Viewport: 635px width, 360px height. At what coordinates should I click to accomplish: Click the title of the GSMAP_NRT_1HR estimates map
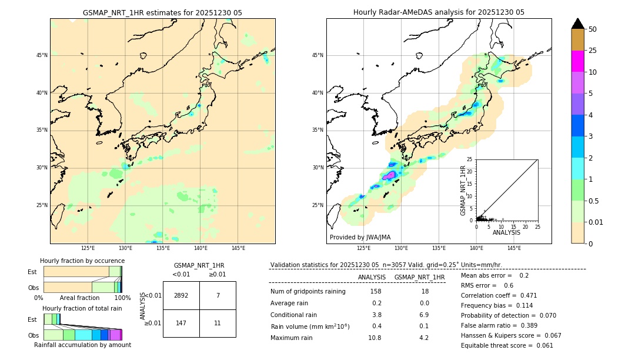point(162,12)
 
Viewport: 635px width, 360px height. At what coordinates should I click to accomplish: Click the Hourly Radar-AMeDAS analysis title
point(439,12)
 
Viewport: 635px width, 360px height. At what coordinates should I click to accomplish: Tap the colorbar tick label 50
point(593,29)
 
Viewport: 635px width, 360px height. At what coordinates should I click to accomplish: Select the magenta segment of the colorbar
point(577,61)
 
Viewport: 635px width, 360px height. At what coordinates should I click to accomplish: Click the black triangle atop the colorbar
point(577,24)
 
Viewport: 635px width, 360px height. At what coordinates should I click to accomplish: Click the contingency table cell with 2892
point(181,295)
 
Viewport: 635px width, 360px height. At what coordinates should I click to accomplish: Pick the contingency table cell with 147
point(181,323)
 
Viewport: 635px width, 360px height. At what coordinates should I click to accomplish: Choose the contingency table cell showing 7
point(218,295)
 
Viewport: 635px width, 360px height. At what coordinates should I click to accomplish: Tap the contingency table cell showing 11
point(218,323)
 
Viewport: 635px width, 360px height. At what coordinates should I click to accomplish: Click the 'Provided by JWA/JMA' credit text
point(360,237)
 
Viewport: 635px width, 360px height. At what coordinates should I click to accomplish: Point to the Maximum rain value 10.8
point(375,338)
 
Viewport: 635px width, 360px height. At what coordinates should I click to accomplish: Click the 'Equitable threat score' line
point(507,345)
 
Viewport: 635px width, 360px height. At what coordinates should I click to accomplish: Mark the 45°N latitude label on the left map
point(42,55)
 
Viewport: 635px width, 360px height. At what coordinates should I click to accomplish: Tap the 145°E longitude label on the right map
point(514,248)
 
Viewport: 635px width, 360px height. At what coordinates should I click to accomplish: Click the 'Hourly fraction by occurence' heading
point(82,261)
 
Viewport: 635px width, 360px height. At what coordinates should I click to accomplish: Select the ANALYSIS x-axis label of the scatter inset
point(506,232)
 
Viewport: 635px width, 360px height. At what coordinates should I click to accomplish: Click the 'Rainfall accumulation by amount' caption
point(82,345)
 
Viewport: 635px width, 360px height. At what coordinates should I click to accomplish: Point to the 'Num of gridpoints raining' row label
point(308,292)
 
